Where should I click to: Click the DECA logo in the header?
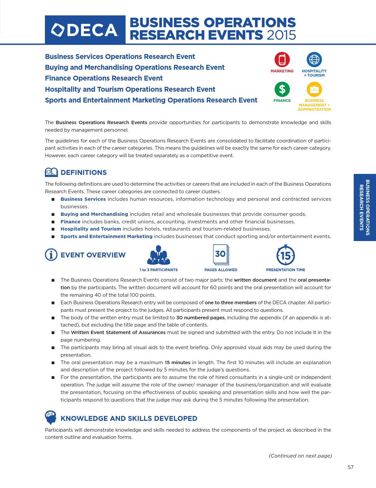pos(85,30)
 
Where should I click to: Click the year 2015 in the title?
pos(281,35)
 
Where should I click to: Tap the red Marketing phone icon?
pos(282,60)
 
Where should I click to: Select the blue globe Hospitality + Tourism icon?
pos(314,60)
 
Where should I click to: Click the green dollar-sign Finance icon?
pos(282,89)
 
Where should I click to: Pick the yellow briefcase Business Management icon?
pos(314,89)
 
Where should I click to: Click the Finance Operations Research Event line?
pos(104,78)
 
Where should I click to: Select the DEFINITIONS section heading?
pos(84,173)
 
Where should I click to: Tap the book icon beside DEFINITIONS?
pos(51,172)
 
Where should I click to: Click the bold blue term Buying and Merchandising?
pos(94,214)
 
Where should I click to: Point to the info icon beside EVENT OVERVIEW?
pos(51,255)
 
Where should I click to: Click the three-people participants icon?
pos(159,255)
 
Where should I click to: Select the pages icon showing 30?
pos(221,254)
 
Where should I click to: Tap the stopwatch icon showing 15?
pos(286,255)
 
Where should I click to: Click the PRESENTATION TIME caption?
pos(286,270)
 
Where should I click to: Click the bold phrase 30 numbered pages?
pos(200,317)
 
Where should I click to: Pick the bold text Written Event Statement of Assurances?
pos(118,332)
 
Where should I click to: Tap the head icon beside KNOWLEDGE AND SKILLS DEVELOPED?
pos(50,417)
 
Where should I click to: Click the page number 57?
pos(350,467)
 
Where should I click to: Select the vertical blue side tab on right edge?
pos(365,207)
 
